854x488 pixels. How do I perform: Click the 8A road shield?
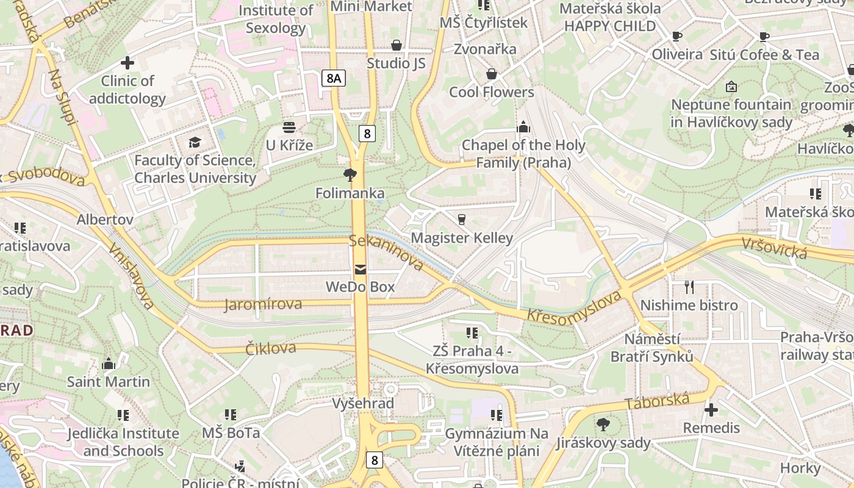(x=333, y=77)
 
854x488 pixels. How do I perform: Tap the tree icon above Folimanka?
(x=350, y=176)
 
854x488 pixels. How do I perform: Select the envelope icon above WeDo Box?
(x=361, y=270)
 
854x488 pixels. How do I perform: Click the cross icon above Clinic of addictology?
(x=127, y=63)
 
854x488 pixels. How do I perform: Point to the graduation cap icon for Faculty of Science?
(x=195, y=143)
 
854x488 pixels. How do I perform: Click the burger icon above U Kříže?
(x=289, y=127)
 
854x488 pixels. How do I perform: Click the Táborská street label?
(x=657, y=402)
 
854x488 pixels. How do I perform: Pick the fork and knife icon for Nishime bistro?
(x=689, y=287)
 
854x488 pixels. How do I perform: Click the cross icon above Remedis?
(x=711, y=410)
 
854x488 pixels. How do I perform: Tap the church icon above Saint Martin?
(x=109, y=364)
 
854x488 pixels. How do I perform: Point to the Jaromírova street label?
(x=262, y=304)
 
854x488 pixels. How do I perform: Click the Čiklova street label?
(x=270, y=348)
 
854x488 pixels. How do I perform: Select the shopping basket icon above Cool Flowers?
(x=492, y=74)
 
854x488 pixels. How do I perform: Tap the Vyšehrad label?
(x=363, y=404)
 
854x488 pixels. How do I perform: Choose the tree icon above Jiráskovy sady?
(x=603, y=425)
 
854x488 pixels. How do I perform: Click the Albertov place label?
(x=105, y=220)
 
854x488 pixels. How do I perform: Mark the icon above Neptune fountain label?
(x=731, y=87)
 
